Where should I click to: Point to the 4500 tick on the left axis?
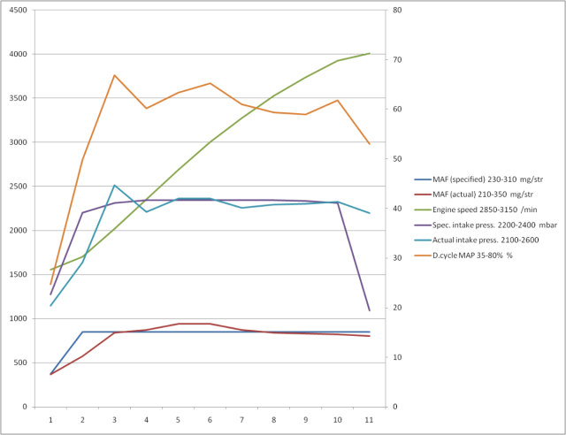click(17, 10)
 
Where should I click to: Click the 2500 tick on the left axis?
click(17, 187)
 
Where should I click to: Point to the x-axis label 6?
click(210, 420)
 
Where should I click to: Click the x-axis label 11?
click(369, 420)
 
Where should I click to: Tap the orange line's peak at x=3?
click(114, 75)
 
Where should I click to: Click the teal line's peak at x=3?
click(114, 186)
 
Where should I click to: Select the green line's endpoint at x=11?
click(369, 54)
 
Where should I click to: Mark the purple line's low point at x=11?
click(369, 310)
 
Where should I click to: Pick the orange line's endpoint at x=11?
click(369, 144)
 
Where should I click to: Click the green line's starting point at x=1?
click(50, 270)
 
